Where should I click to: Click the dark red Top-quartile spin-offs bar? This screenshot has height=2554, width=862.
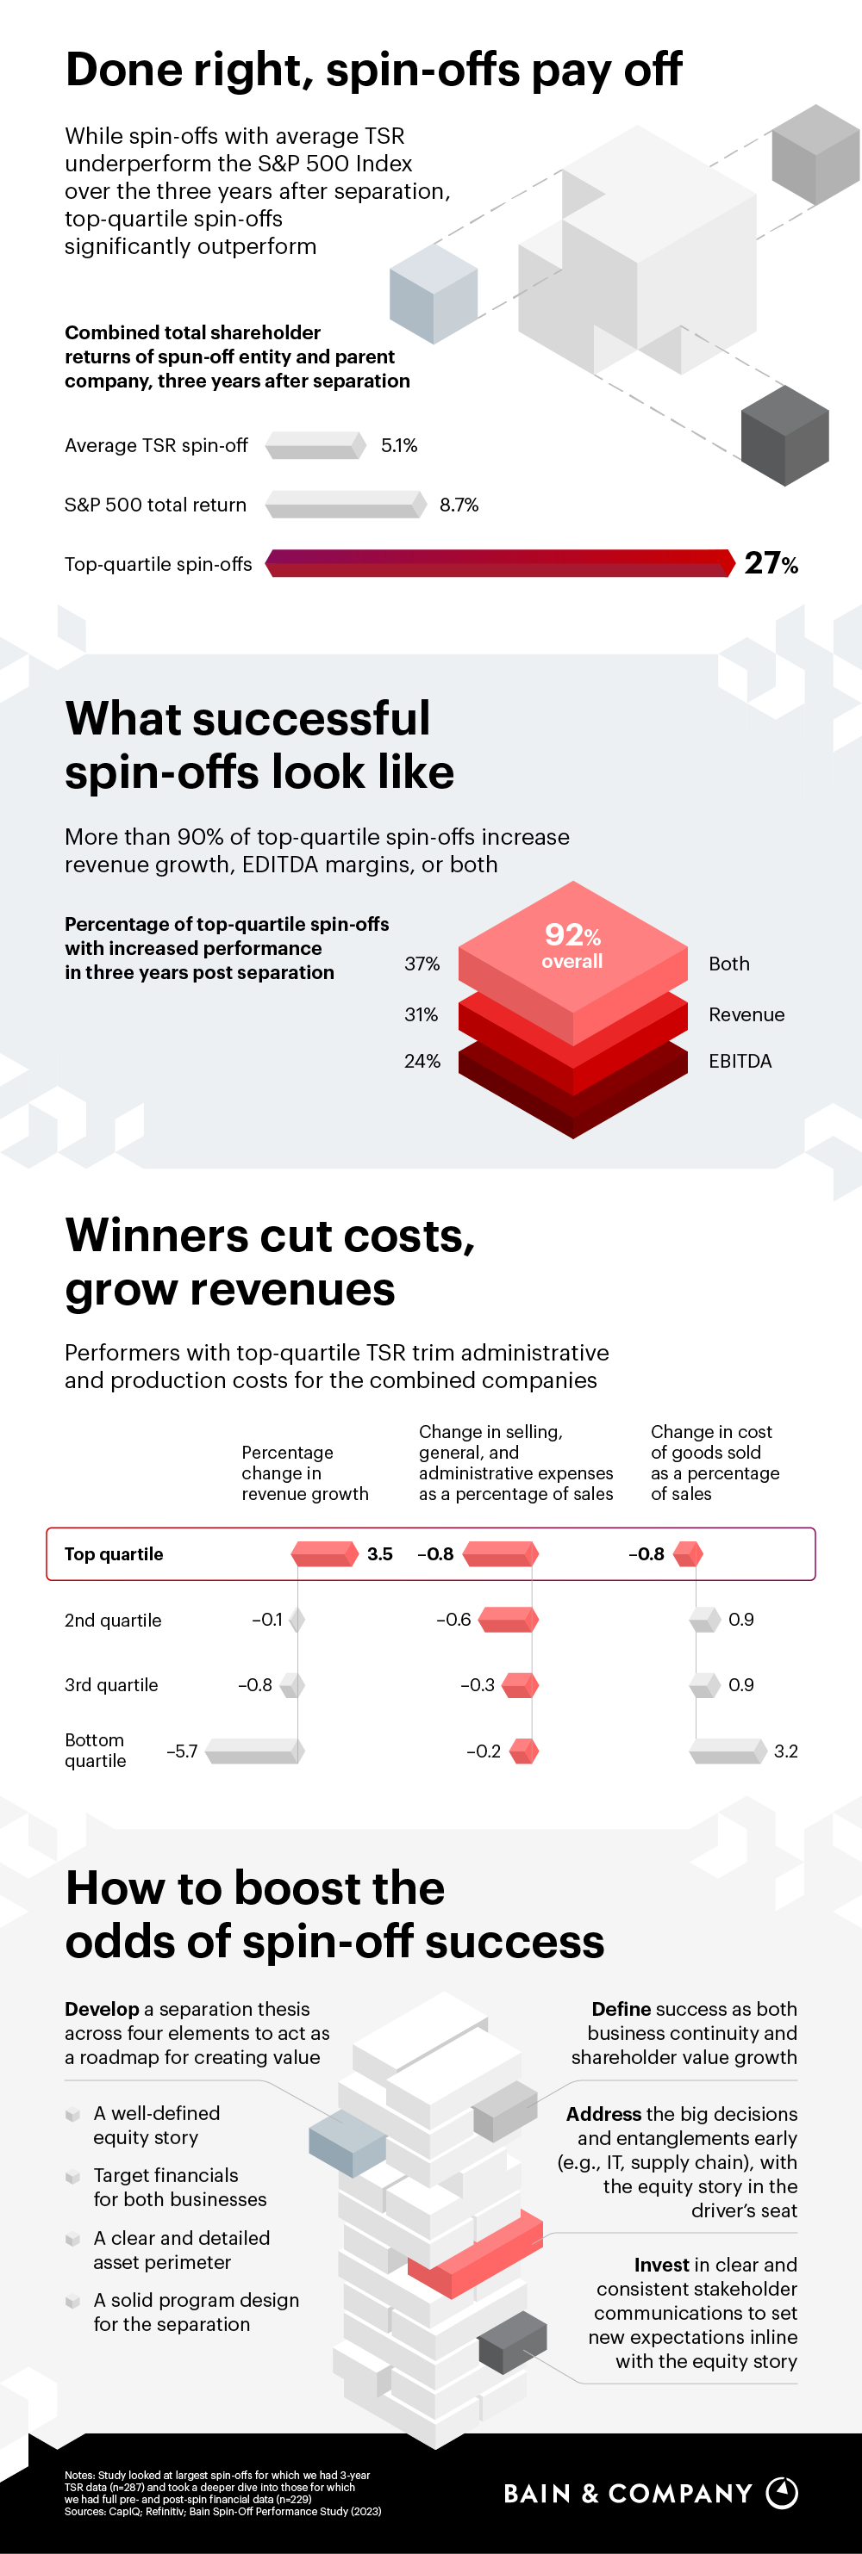click(x=499, y=563)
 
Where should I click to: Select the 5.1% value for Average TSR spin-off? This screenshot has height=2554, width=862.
click(x=399, y=446)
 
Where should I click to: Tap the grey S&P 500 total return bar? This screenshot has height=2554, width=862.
click(x=345, y=505)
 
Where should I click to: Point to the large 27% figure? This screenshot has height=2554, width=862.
click(x=771, y=563)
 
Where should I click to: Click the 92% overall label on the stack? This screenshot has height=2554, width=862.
click(x=572, y=945)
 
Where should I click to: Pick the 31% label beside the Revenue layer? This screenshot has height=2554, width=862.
click(x=422, y=1014)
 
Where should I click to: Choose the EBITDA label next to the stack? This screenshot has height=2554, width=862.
click(x=739, y=1061)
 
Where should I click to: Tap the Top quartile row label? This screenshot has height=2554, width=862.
click(x=114, y=1553)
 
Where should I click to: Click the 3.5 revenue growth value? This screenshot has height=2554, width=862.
click(x=380, y=1553)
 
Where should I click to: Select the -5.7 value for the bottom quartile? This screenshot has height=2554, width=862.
click(x=182, y=1751)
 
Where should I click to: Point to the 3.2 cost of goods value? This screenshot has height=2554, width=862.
click(x=785, y=1751)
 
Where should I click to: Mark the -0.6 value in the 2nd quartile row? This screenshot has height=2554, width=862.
click(x=453, y=1619)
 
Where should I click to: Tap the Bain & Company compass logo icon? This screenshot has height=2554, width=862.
click(x=783, y=2493)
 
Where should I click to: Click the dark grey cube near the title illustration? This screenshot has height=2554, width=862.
click(x=784, y=437)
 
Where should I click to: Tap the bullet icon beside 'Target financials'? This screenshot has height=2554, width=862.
click(x=72, y=2176)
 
